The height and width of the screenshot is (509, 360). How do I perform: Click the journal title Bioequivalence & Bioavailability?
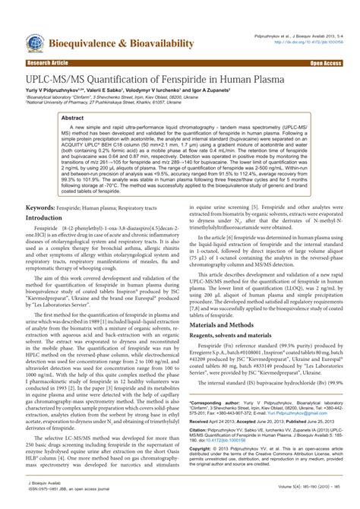122,45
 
